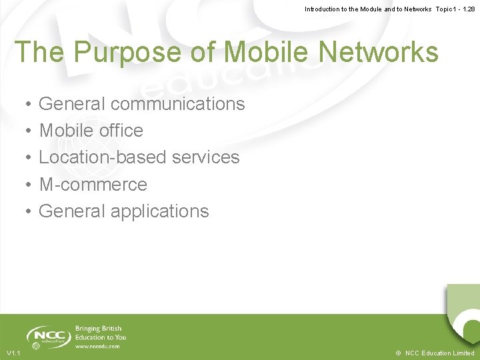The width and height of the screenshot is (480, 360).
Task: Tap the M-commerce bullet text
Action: tap(93, 184)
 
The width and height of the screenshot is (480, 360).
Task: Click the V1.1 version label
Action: tap(13, 353)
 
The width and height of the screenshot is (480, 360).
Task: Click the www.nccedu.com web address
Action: tap(97, 347)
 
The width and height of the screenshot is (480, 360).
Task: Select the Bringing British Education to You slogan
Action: tap(100, 333)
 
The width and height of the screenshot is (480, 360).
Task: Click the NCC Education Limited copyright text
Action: tap(439, 353)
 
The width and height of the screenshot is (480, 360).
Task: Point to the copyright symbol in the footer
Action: tap(398, 353)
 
